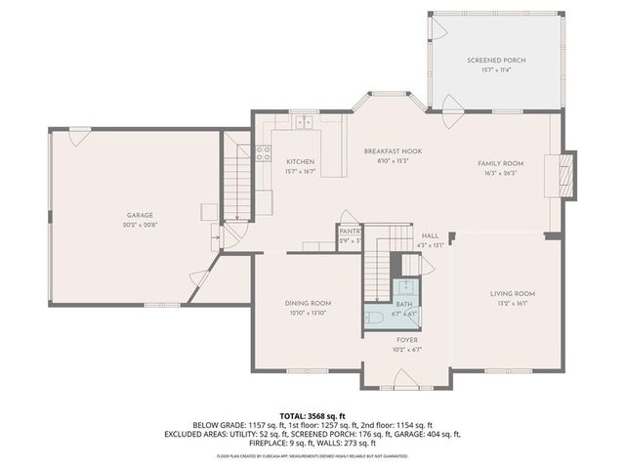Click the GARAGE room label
[x=140, y=215]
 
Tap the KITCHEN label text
[x=300, y=161]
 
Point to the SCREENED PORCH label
[x=496, y=61]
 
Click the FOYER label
[x=407, y=340]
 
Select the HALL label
[x=431, y=235]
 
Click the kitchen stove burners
[x=263, y=152]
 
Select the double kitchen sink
[x=303, y=123]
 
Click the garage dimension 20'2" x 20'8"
[x=140, y=225]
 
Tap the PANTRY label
[x=350, y=231]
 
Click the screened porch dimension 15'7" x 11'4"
[x=496, y=70]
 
